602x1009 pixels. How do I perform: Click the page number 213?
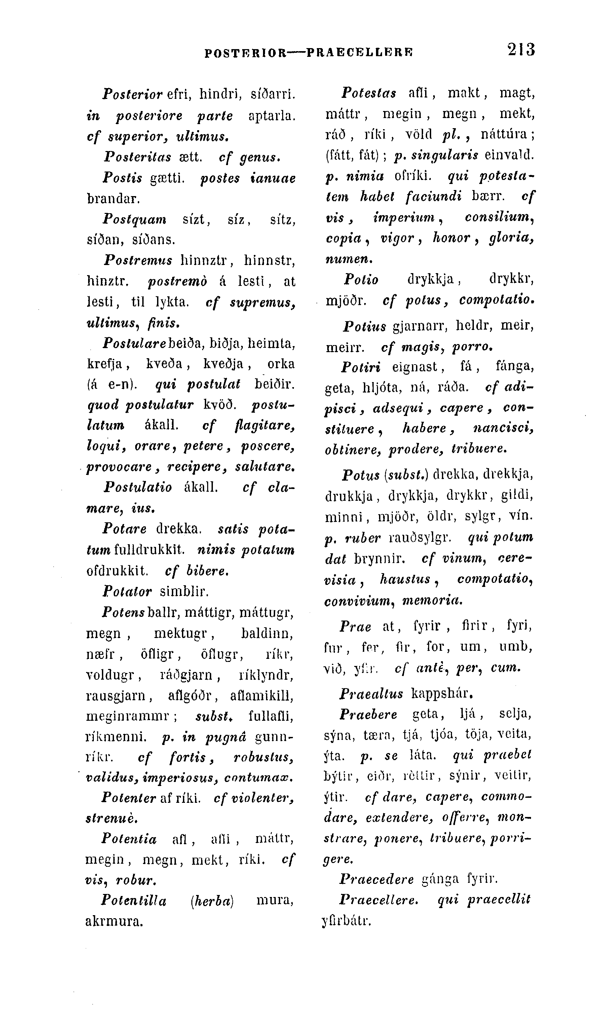(521, 50)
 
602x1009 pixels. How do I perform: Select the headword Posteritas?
(138, 157)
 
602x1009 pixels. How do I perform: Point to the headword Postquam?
(135, 220)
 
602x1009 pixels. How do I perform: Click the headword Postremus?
(138, 260)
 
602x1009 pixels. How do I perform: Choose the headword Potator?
(127, 592)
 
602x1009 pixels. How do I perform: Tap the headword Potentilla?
(134, 901)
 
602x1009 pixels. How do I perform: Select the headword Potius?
(365, 326)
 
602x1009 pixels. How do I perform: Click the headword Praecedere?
(376, 880)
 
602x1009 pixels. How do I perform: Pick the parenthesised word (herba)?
(212, 901)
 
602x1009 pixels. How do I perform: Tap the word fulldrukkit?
(150, 551)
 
